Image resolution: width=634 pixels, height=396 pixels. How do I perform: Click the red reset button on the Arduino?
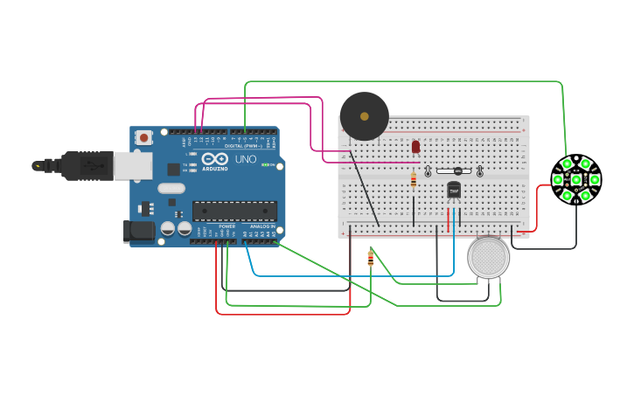143,137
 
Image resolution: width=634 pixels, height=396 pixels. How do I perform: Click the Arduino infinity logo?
213,160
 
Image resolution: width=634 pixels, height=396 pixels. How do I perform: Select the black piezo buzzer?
364,116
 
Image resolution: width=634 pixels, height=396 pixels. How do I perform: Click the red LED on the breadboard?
415,147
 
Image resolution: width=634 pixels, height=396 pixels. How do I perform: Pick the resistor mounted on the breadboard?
414,179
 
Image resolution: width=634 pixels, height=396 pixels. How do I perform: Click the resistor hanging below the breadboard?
371,258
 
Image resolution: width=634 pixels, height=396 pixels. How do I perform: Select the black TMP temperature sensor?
454,190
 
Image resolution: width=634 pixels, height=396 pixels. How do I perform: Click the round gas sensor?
488,258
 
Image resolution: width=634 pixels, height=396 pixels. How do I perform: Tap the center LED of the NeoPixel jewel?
576,179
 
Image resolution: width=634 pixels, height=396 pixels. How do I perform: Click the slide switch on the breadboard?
454,171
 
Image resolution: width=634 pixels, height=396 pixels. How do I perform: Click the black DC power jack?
138,231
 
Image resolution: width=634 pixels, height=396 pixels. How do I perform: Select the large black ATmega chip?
234,211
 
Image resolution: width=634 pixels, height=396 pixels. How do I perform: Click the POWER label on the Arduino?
215,226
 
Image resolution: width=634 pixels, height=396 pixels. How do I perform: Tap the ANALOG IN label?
260,226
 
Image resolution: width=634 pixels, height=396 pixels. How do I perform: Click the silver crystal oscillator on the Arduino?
171,188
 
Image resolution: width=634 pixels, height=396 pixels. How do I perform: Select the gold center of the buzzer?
364,116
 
